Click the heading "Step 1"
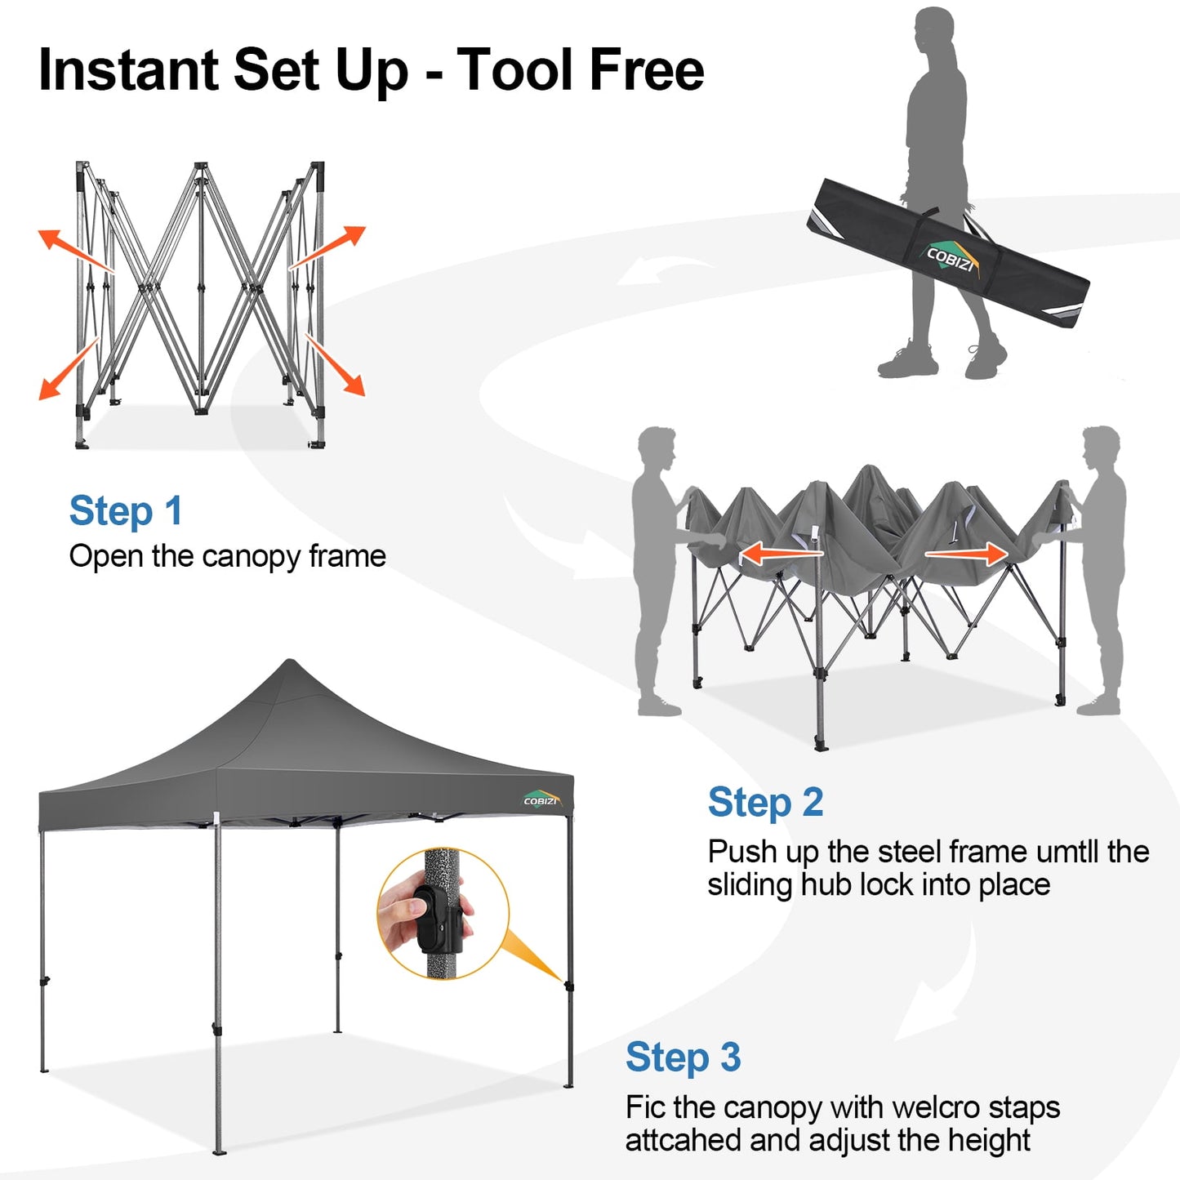125,512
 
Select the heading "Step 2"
764,803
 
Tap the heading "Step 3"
683,1058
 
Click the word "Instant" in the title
129,70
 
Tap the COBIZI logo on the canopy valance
541,799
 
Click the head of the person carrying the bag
933,29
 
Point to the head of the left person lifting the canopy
658,448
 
